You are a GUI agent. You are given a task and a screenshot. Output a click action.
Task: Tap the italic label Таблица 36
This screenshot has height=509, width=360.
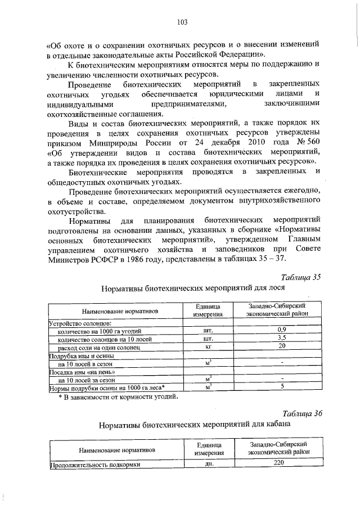coord(301,413)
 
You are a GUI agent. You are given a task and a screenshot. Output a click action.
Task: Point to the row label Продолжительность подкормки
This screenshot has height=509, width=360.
coord(94,465)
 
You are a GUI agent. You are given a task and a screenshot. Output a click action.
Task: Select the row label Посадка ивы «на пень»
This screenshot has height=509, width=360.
coord(83,372)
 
